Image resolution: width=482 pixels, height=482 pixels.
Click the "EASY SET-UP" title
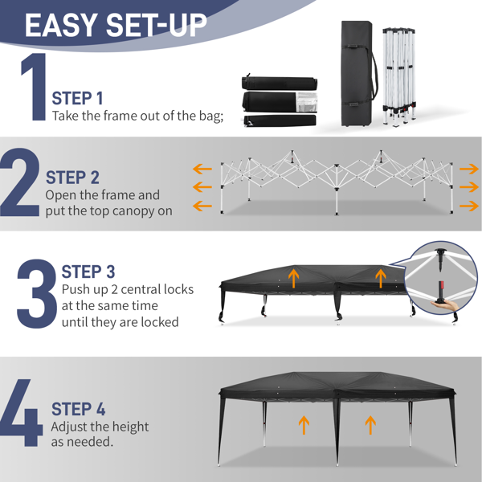[116, 25]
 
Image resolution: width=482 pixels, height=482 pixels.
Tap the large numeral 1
[35, 87]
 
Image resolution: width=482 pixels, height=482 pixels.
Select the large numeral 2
[20, 182]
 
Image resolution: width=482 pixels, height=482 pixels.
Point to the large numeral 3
[37, 293]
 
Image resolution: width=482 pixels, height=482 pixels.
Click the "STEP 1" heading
[77, 98]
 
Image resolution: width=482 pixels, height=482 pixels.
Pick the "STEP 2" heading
[72, 178]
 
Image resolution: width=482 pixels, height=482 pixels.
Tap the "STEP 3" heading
[88, 272]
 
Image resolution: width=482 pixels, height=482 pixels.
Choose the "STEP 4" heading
[79, 409]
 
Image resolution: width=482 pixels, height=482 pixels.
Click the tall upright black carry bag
[357, 73]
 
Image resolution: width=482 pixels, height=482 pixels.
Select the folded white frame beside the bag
[399, 77]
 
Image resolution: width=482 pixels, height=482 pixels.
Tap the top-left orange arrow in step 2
[202, 169]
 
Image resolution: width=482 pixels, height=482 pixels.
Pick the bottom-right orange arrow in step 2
[469, 206]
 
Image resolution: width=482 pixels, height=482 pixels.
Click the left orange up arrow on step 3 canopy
[294, 279]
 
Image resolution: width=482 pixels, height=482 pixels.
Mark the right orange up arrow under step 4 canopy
[370, 425]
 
